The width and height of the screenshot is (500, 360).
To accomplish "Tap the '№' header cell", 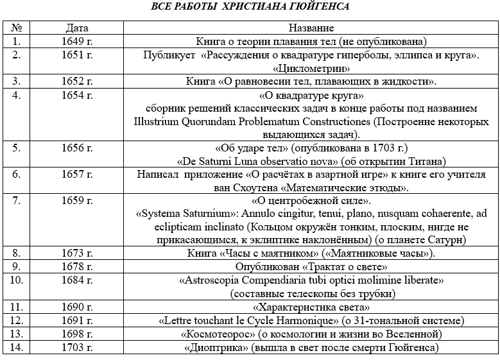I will pyautogui.click(x=17, y=29).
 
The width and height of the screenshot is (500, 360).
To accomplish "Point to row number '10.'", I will pyautogui.click(x=17, y=280).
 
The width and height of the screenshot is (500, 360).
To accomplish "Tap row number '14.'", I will pyautogui.click(x=17, y=348).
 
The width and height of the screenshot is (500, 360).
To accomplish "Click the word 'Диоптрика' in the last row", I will pyautogui.click(x=220, y=348).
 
